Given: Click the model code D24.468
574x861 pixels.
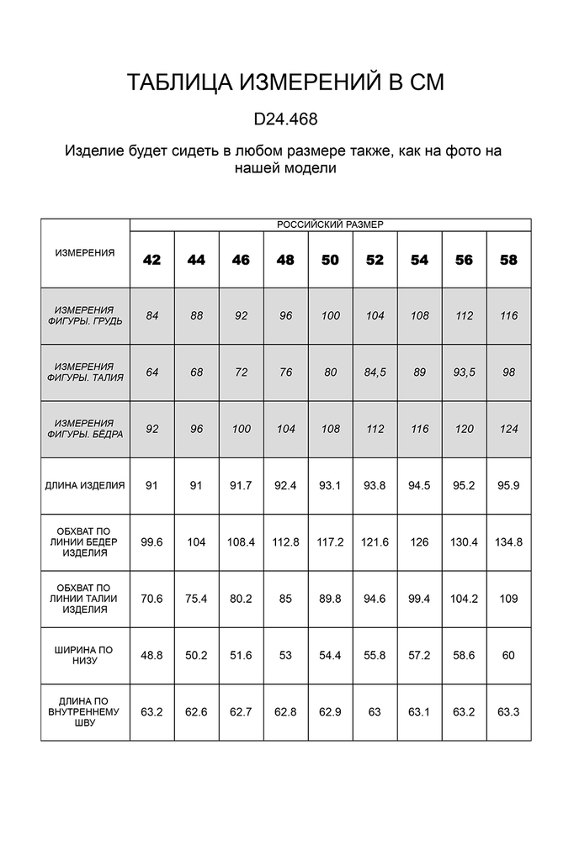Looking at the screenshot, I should pos(285,119).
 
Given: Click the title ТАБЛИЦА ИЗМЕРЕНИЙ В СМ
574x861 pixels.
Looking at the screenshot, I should pos(285,82).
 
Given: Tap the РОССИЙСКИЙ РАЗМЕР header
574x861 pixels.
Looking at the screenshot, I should pos(330,224).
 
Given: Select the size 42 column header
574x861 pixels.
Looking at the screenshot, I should pos(151,260).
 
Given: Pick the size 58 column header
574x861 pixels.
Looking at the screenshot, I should pos(508,260).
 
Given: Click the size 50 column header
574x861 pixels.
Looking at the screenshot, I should pos(330,260).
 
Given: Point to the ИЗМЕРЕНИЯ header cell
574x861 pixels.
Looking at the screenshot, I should pos(85,252).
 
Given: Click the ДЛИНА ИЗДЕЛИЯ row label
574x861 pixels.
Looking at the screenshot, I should pos(85,485).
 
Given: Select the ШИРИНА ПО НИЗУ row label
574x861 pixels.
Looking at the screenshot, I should pos(85,655).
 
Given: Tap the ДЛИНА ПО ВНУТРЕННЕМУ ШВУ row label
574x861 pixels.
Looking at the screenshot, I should pos(85,711).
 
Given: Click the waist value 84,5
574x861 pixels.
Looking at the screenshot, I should pos(375,372).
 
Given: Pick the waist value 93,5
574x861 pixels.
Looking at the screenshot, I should pos(464,372).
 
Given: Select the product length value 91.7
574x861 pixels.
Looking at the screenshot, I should pos(241,485).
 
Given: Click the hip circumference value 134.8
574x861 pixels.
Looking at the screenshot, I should pos(508,542).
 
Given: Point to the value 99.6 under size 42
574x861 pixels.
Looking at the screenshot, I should pos(151,542).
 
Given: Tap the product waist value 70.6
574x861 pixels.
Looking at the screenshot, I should pos(151,599).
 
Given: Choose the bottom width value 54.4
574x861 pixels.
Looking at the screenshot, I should pos(330,655).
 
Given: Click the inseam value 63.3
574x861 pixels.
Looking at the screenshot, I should pos(508,711).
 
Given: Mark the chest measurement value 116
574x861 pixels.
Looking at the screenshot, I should pos(508,316).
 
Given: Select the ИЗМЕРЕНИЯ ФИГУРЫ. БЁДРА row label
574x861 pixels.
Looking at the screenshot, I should pos(85,429).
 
